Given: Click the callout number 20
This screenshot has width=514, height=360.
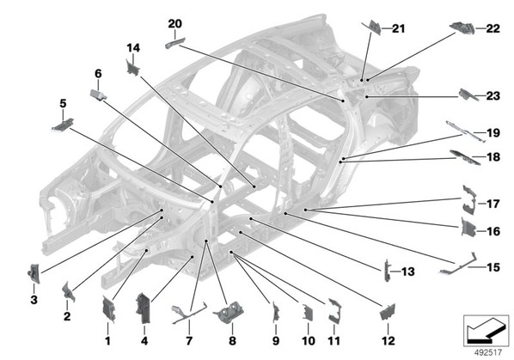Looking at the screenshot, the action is click(x=174, y=23).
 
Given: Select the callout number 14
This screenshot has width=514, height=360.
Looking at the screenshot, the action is click(x=133, y=48).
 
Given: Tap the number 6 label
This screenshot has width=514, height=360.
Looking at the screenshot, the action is click(x=98, y=74).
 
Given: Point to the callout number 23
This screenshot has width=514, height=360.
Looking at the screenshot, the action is click(x=493, y=96).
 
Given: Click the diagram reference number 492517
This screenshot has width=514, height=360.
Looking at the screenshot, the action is click(x=488, y=352).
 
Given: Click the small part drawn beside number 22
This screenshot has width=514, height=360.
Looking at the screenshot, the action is click(x=462, y=28).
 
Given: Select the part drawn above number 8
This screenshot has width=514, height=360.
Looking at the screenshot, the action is click(x=228, y=314).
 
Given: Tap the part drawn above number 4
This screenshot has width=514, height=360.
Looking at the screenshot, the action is click(x=143, y=308).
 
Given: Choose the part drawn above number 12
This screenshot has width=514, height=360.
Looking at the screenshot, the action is click(x=388, y=312).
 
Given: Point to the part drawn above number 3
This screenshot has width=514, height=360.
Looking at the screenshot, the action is click(x=34, y=273).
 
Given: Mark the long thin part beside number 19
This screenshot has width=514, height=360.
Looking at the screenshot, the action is click(x=466, y=131).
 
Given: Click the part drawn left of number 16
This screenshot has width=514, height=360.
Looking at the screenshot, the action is click(x=468, y=227).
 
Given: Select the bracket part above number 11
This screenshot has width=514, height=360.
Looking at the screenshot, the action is click(x=335, y=310).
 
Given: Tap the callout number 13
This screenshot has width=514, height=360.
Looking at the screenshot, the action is click(x=408, y=272).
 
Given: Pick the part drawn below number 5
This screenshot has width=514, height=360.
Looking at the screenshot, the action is click(x=63, y=125).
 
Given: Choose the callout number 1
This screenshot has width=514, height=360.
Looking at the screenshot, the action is click(x=107, y=341).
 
